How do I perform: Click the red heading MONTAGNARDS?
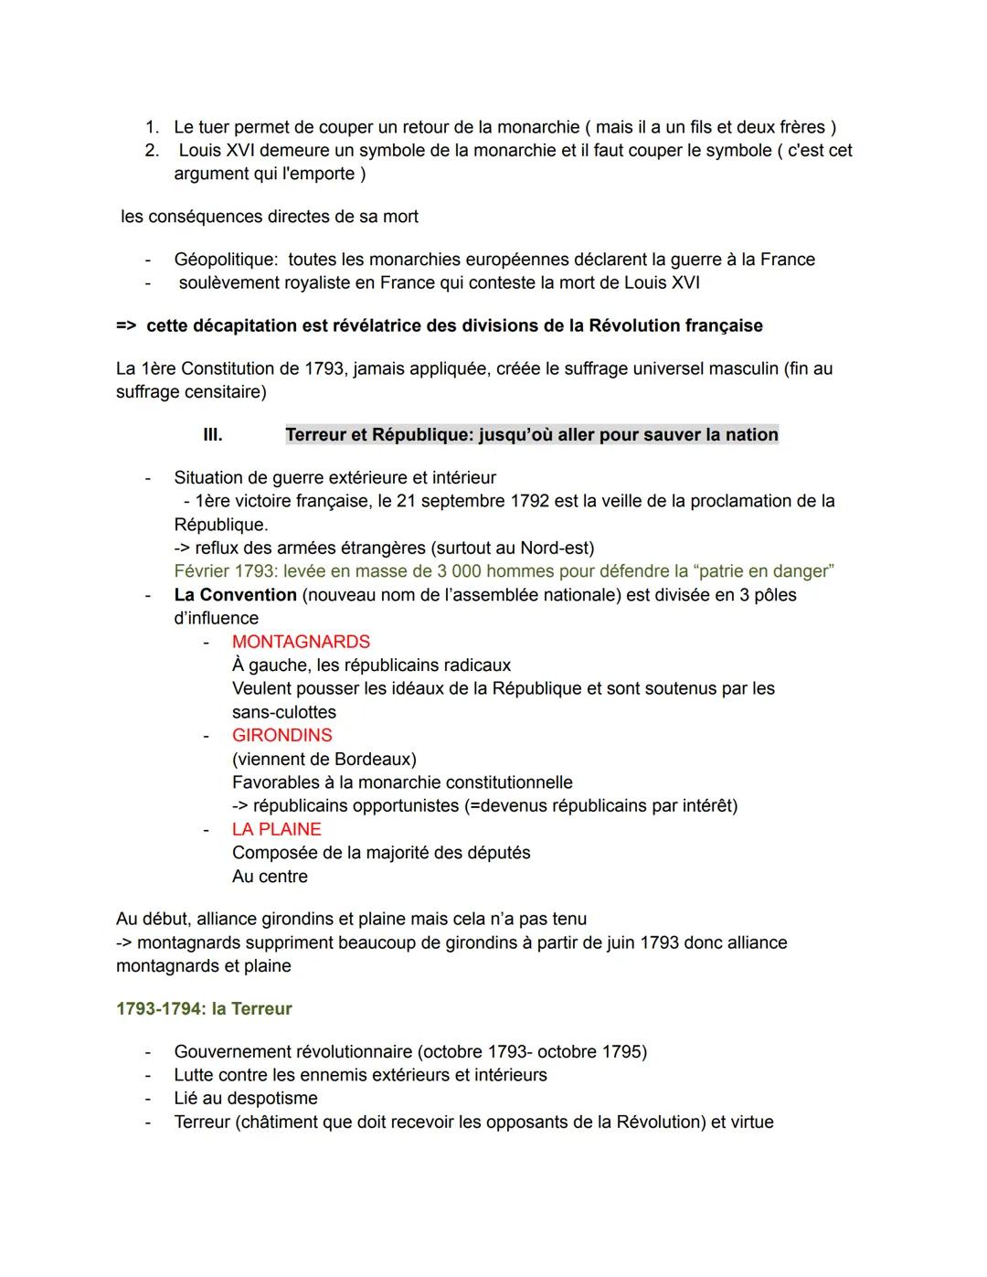(301, 642)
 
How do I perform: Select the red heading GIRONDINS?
(281, 735)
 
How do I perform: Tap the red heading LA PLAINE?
(276, 829)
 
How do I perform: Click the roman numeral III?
(212, 435)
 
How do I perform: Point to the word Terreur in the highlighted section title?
(315, 435)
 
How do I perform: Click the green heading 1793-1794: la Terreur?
(204, 1008)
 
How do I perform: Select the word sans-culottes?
(283, 712)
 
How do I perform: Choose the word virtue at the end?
(750, 1122)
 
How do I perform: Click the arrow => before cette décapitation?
(126, 325)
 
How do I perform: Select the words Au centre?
(270, 876)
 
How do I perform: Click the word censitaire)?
(225, 392)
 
